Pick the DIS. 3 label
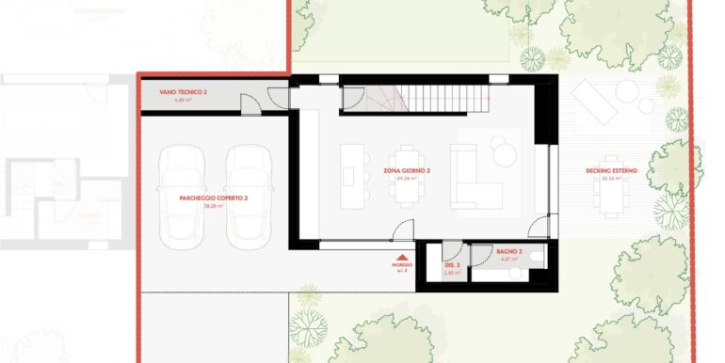tap(452, 265)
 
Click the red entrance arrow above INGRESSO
tap(402, 257)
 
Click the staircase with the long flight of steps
tap(438, 97)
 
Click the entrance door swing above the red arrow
tap(402, 229)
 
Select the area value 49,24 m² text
tap(407, 179)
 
